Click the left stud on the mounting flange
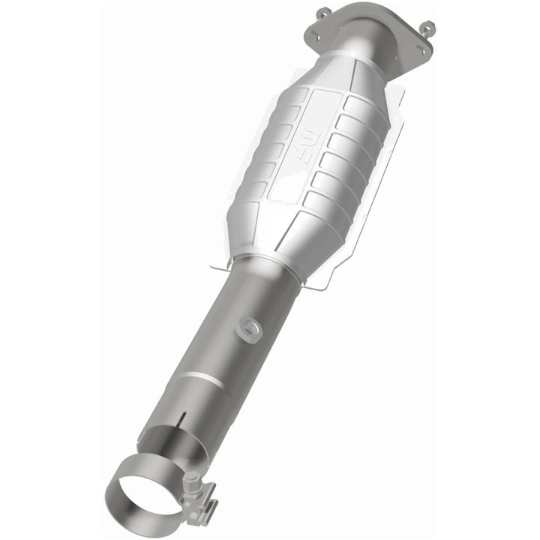pyautogui.click(x=322, y=13)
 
